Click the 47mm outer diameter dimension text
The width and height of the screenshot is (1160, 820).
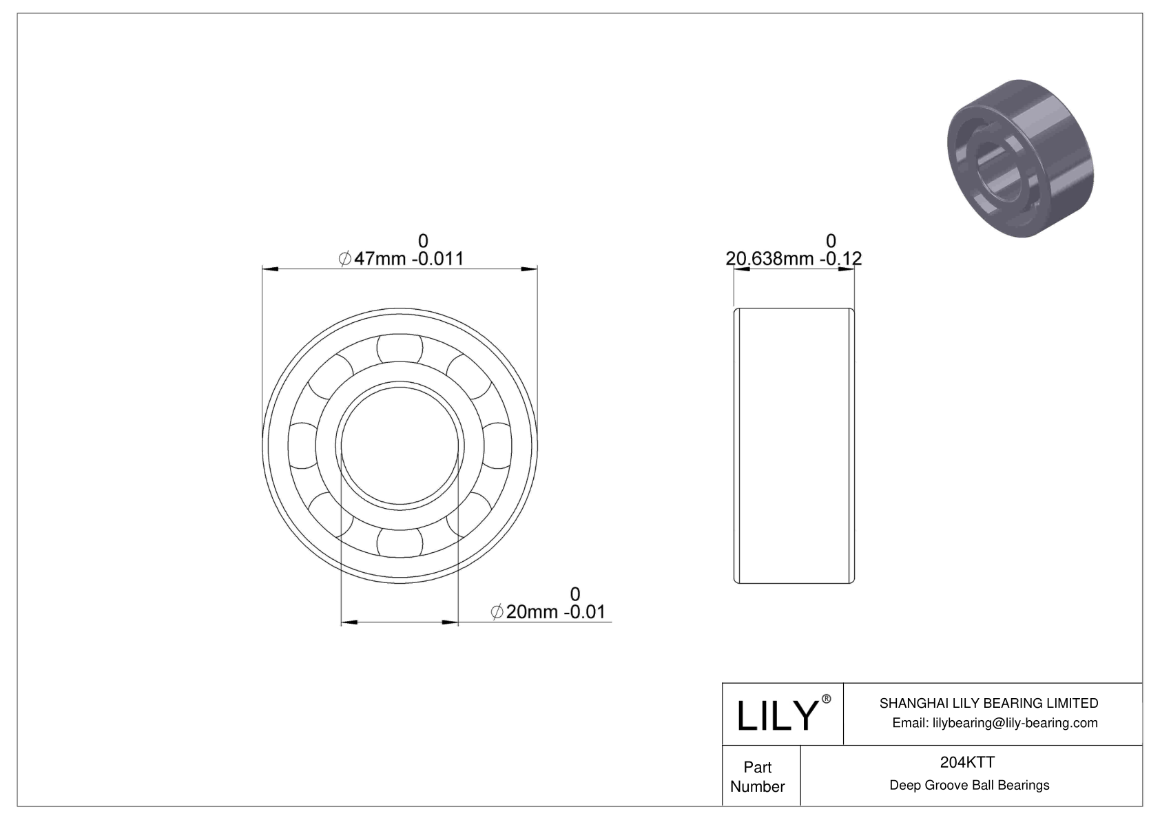pos(402,259)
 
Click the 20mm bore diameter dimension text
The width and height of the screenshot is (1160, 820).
pos(548,612)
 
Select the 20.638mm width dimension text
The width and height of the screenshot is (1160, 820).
pos(794,259)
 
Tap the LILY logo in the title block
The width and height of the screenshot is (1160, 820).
pos(776,715)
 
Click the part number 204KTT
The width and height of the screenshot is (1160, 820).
pos(967,762)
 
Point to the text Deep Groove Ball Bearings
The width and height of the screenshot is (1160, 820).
pos(969,786)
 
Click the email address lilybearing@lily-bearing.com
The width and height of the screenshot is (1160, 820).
pos(995,723)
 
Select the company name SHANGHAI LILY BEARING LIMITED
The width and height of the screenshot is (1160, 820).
pos(988,703)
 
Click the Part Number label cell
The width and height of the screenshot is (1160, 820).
pos(758,777)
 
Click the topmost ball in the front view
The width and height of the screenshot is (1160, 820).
pos(400,348)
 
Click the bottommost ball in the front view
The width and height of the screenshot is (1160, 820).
pos(400,543)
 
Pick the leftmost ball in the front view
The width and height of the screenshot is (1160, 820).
pos(302,446)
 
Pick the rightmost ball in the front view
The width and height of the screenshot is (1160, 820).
pos(497,446)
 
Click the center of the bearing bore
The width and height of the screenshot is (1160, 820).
pos(400,446)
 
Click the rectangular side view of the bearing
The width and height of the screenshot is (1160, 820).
pos(794,446)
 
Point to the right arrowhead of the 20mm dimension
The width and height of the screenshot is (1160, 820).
pos(450,623)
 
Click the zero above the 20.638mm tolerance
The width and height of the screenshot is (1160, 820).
pos(831,240)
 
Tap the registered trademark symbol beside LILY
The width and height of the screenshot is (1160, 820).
pos(827,700)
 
